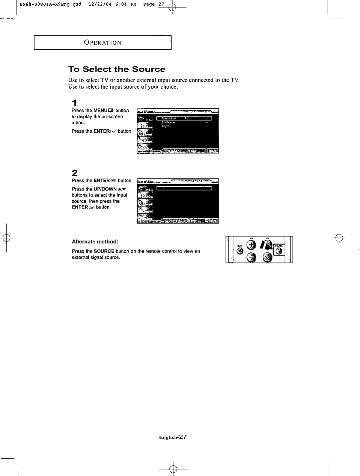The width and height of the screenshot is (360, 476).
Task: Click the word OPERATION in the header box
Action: [x=103, y=43]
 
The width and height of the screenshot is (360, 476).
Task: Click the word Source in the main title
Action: [x=149, y=69]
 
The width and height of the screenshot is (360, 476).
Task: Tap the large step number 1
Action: [x=74, y=102]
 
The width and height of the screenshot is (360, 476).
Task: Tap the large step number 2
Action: [x=75, y=173]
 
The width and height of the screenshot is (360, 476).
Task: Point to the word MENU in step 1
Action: [x=100, y=111]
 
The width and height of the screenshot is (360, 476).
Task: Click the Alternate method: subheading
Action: [x=95, y=241]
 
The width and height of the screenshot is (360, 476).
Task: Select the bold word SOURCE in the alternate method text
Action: [x=104, y=251]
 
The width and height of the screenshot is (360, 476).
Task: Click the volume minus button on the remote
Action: [x=251, y=257]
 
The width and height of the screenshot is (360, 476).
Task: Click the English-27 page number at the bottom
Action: [x=173, y=437]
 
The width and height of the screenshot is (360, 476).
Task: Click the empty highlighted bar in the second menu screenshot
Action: [x=184, y=188]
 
